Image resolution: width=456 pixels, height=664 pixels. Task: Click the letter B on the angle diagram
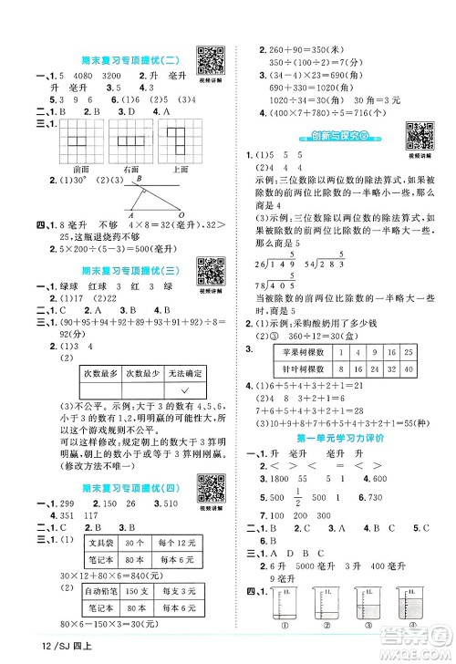(140, 181)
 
